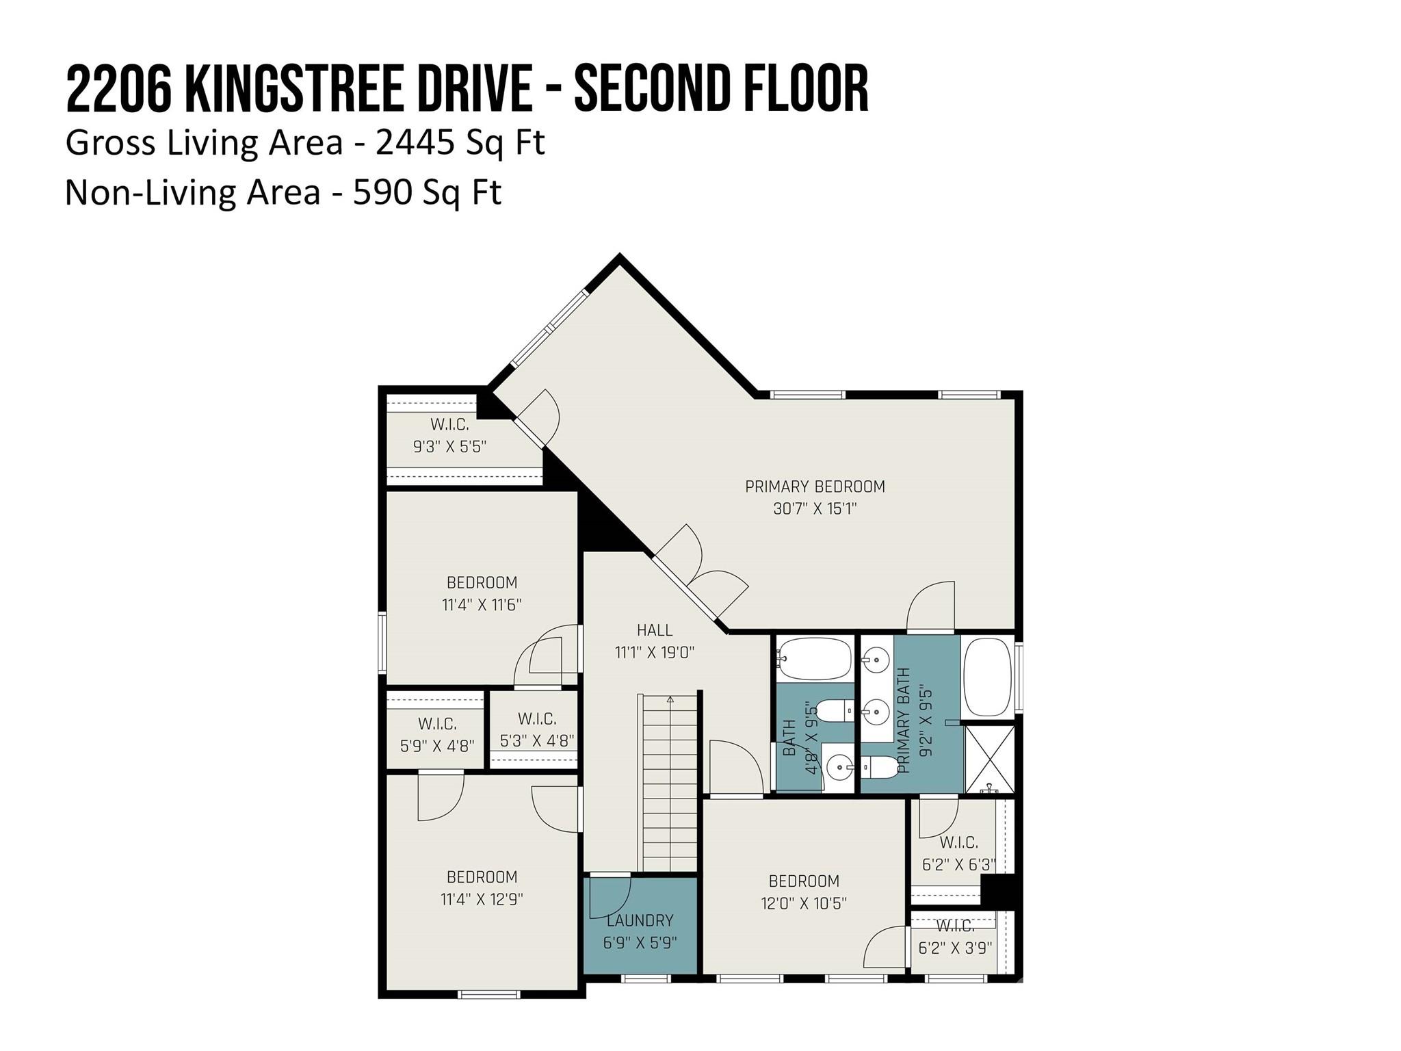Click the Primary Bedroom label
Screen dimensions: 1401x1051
pos(815,486)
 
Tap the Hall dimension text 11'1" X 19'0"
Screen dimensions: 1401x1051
pos(655,652)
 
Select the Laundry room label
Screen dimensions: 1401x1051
pos(640,920)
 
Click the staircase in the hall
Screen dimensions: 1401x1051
pos(670,783)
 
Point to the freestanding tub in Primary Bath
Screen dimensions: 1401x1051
pos(987,677)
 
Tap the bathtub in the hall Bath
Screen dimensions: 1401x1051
pos(814,658)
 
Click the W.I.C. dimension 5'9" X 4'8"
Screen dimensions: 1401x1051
pos(437,745)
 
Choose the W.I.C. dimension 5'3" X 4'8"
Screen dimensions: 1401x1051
pos(537,740)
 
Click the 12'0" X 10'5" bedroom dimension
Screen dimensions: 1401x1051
pos(804,903)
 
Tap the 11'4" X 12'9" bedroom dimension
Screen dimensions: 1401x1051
pos(482,899)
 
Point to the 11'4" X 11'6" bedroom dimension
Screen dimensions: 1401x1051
pos(482,605)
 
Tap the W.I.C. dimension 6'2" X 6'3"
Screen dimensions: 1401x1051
pos(958,865)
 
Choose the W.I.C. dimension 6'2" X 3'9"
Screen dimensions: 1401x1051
pos(955,948)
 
